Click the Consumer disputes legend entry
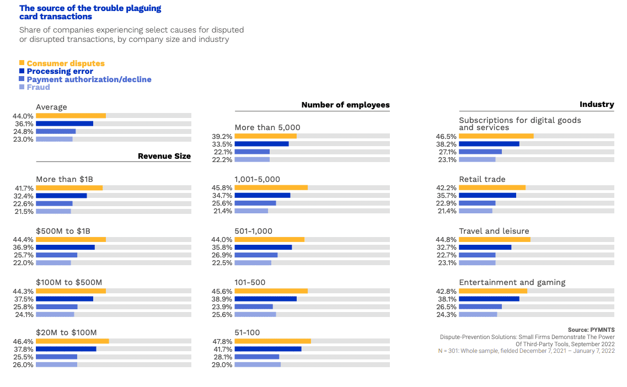pos(65,63)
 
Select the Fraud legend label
pos(38,87)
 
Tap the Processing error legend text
pos(60,71)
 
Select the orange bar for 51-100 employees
pos(272,341)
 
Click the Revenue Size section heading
pos(164,156)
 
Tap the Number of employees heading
pos(345,105)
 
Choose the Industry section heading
pos(597,104)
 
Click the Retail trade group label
pos(482,179)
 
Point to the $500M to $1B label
pos(66,231)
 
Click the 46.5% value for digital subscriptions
pos(447,136)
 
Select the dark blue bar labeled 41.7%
pos(268,349)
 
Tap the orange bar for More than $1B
pos(69,188)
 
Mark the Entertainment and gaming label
pos(512,282)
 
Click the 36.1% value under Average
pos(24,124)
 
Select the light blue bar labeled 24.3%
pos(478,314)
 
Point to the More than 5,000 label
pos(267,127)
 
